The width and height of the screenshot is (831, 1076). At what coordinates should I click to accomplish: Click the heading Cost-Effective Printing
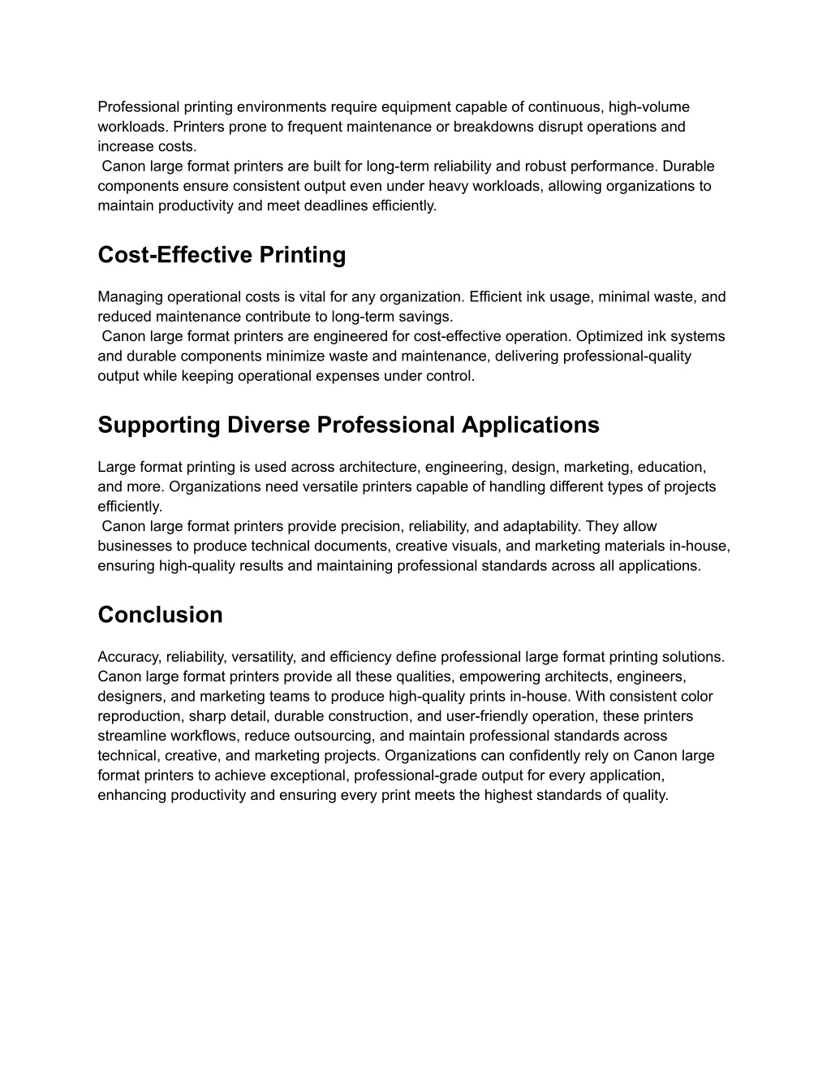click(x=222, y=255)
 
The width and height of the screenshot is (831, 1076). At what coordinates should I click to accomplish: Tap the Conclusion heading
click(x=160, y=615)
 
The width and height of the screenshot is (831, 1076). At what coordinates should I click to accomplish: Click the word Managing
click(x=125, y=297)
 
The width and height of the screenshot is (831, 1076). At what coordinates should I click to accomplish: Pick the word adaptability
click(x=536, y=526)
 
